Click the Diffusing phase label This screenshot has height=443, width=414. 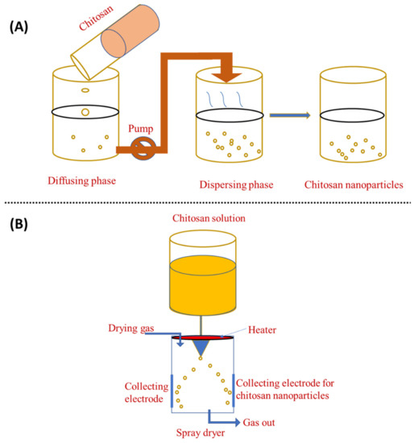click(82, 181)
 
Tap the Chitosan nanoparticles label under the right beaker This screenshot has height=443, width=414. click(353, 184)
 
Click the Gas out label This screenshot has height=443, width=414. click(256, 421)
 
